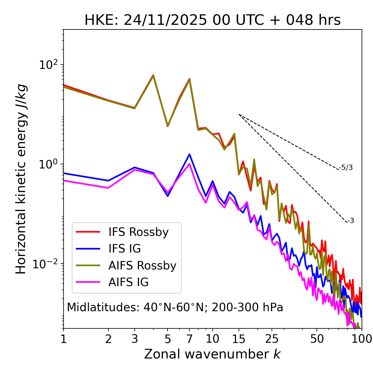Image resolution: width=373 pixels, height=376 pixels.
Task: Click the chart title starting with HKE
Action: [x=212, y=20]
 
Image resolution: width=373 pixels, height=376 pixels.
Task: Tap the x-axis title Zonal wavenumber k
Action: [x=212, y=354]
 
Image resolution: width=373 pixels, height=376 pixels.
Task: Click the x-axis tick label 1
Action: [x=64, y=339]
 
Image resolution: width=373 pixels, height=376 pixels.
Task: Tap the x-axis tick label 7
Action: [x=189, y=339]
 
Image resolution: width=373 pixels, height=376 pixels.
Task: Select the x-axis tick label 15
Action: [x=239, y=339]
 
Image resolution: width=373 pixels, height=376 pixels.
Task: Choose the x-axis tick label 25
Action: [x=272, y=339]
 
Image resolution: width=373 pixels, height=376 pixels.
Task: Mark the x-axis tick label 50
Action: [x=317, y=339]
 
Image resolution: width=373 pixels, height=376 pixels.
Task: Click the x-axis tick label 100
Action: [x=362, y=339]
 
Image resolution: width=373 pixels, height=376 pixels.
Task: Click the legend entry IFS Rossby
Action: [x=138, y=232]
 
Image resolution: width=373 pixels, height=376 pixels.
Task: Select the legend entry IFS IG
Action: [x=124, y=249]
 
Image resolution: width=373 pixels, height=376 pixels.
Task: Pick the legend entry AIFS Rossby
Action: [x=142, y=266]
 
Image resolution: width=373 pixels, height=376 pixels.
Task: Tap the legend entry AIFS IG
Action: [x=129, y=282]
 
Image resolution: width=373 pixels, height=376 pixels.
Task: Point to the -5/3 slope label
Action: [x=346, y=168]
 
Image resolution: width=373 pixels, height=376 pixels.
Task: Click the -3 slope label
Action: [x=351, y=221]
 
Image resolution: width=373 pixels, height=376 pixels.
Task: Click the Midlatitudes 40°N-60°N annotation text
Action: [x=175, y=307]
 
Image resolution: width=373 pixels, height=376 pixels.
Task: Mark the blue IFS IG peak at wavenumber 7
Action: [x=189, y=154]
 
